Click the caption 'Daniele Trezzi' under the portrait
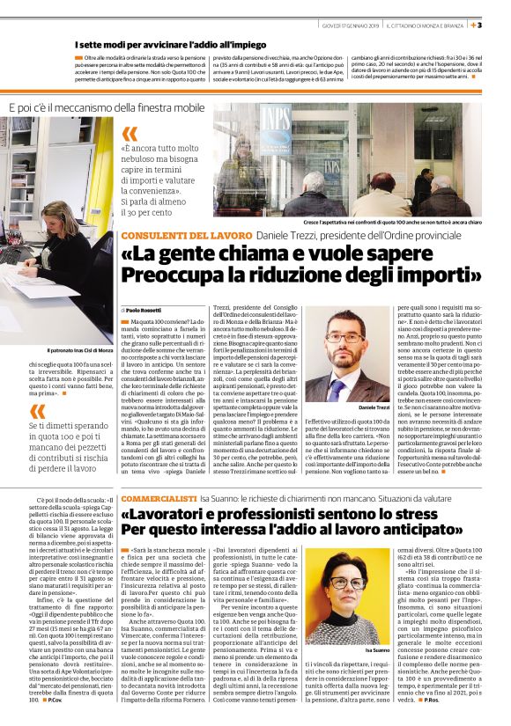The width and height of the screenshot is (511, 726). pyautogui.click(x=374, y=407)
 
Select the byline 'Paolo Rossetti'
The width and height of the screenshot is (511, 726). pyautogui.click(x=145, y=311)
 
